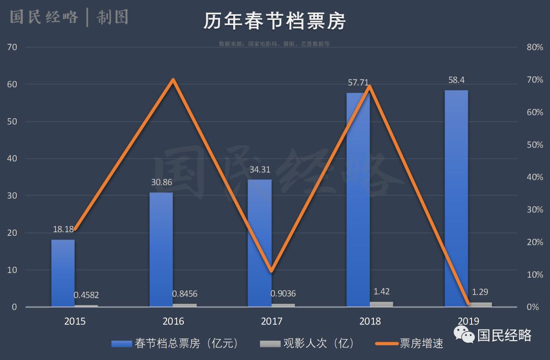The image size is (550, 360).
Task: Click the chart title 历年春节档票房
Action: [274, 21]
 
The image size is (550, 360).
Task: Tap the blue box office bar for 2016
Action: [161, 250]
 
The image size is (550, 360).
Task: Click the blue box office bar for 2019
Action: [456, 199]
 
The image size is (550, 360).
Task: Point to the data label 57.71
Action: [358, 82]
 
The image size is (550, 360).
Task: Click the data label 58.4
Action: [456, 80]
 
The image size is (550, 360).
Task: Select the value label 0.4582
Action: [86, 295]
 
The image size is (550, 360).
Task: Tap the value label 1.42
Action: [381, 292]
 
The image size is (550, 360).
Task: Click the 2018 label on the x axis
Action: [370, 321]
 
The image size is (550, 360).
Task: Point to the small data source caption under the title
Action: [274, 44]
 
